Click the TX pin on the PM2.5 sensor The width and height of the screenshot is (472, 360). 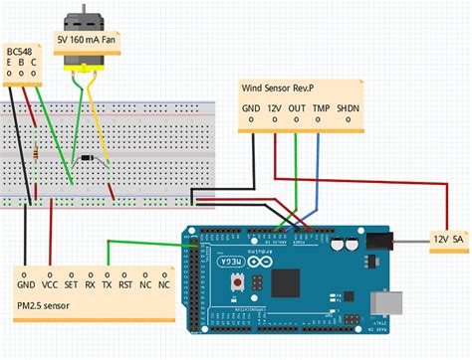[x=108, y=282]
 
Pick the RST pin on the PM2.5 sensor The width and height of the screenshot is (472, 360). [x=126, y=282]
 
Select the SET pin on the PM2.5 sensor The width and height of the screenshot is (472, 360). [x=70, y=282]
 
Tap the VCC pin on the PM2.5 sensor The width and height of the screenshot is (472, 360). [x=48, y=282]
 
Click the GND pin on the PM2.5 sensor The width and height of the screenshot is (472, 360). [x=25, y=282]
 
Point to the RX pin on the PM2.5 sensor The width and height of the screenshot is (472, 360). [x=90, y=282]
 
